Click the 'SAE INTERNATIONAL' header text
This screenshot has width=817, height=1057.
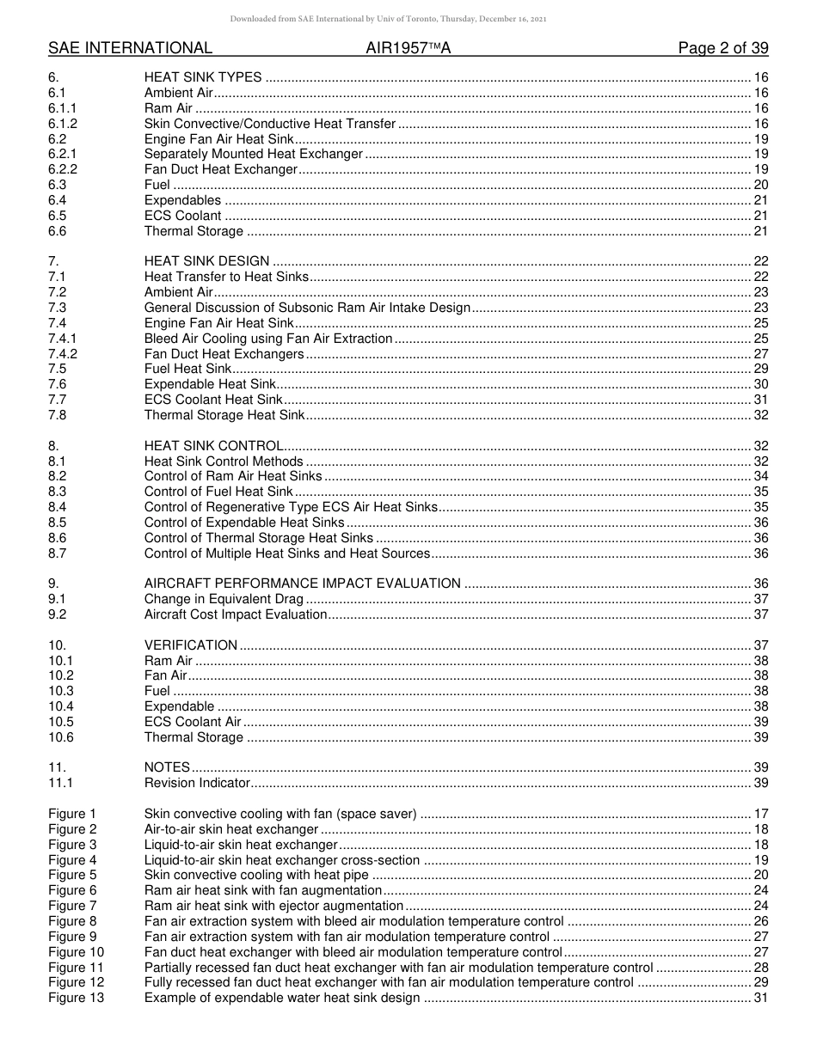[130, 48]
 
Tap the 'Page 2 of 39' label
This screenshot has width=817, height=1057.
[723, 48]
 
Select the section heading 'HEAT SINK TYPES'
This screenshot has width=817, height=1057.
[203, 77]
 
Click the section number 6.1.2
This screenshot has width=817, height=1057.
[63, 124]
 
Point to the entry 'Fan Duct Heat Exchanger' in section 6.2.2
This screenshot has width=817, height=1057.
[220, 169]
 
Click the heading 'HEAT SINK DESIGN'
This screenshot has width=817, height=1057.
[206, 261]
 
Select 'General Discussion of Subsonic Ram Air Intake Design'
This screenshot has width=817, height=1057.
[307, 308]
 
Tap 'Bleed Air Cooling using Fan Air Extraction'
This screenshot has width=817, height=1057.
[268, 339]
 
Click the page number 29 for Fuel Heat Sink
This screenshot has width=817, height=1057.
[760, 369]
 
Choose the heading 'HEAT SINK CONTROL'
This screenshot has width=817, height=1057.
[214, 446]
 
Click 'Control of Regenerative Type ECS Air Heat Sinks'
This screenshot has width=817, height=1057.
[291, 507]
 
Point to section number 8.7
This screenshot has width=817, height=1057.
[58, 553]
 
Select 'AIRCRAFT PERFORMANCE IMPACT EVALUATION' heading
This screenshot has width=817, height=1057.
[302, 583]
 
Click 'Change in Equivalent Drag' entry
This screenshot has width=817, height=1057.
[224, 599]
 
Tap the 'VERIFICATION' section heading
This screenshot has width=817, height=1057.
[190, 645]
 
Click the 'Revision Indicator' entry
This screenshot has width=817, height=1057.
[197, 783]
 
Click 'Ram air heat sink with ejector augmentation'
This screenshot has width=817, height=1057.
[273, 906]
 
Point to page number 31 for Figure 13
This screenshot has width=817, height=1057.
[760, 998]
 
